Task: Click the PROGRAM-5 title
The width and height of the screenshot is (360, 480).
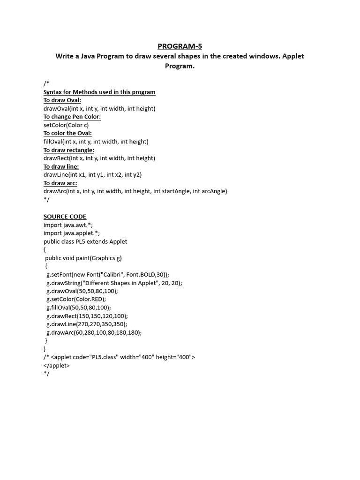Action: click(180, 46)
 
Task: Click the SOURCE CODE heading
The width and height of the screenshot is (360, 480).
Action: click(65, 217)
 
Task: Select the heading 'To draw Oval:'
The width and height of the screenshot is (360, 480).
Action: click(62, 100)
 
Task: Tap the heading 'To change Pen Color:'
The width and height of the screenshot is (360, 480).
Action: click(72, 117)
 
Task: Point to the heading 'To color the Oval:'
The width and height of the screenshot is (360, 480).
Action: click(67, 133)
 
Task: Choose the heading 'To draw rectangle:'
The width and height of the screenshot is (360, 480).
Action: click(69, 150)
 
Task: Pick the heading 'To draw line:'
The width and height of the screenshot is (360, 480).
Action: click(61, 166)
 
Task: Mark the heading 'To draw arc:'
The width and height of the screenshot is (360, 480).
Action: click(60, 183)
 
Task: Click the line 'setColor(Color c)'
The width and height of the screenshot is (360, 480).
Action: click(66, 125)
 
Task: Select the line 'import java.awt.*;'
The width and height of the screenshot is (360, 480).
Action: click(68, 225)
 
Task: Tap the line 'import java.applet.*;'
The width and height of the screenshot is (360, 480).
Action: click(72, 233)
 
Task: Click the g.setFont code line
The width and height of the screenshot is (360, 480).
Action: click(108, 275)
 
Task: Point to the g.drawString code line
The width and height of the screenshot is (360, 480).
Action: click(114, 283)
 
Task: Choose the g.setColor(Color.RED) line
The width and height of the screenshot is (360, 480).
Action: click(76, 299)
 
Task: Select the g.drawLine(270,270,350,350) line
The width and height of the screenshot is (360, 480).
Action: click(87, 324)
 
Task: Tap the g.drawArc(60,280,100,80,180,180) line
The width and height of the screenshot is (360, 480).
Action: click(94, 332)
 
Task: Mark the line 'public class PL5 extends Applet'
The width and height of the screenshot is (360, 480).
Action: click(85, 241)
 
